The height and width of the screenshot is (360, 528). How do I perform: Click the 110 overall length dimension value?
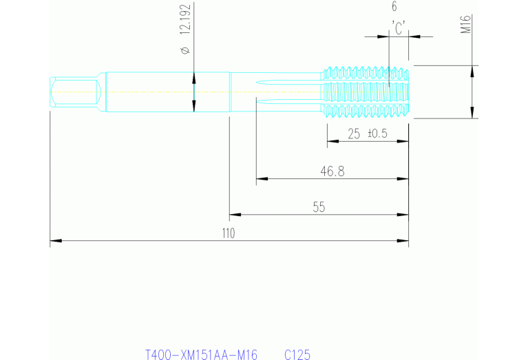228,233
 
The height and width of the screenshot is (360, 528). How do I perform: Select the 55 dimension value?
318,207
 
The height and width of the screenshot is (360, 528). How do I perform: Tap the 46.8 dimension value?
332,171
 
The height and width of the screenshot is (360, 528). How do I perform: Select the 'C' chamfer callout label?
398,28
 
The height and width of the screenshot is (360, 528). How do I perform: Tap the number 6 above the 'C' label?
394,7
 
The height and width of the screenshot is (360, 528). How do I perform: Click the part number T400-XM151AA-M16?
201,354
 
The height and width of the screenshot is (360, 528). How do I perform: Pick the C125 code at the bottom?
297,354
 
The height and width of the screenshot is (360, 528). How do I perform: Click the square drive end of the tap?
76,92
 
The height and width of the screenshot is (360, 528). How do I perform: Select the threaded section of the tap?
366,92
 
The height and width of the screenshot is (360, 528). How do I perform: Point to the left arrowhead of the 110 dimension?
54,241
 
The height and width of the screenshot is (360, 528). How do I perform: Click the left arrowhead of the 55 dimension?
234,214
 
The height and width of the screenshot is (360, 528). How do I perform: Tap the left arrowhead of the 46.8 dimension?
261,179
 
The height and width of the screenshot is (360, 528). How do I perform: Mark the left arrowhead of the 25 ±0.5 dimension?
331,142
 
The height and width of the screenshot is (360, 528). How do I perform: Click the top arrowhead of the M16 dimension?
472,70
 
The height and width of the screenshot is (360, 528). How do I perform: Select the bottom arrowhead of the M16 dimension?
472,114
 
